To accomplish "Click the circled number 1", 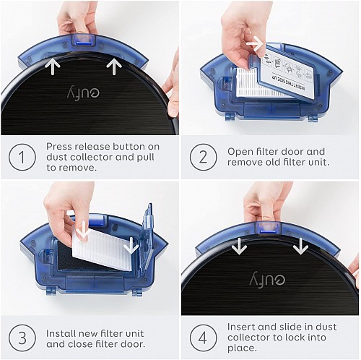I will [22, 156].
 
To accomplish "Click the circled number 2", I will [203, 156].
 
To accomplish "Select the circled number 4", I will [203, 338].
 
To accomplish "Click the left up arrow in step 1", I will [53, 67].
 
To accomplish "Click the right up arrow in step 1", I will [114, 67].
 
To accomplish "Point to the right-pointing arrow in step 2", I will [254, 45].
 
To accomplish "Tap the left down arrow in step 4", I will [240, 246].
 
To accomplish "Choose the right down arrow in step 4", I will [300, 246].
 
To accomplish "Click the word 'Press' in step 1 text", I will [61, 146].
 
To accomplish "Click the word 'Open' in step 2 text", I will [242, 152].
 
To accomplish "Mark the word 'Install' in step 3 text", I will [63, 334].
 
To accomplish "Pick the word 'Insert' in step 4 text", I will [243, 327].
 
